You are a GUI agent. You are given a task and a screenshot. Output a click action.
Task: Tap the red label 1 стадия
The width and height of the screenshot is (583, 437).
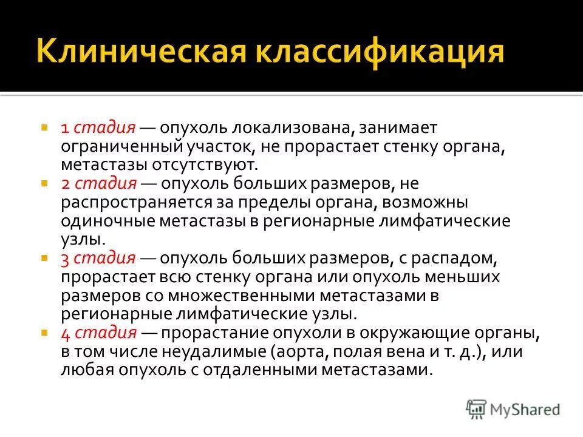(x=98, y=129)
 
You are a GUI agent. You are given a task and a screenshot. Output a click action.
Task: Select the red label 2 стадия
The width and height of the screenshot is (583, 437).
(x=98, y=184)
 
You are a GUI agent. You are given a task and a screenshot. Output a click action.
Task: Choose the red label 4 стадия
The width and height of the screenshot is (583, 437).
(x=98, y=333)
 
